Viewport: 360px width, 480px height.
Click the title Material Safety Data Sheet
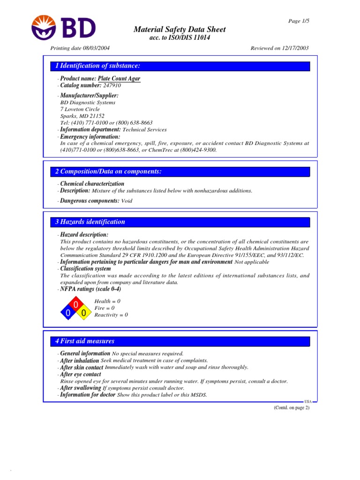click(x=180, y=30)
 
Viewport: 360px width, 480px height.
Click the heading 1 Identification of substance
click(x=97, y=66)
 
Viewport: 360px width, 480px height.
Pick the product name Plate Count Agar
click(x=119, y=79)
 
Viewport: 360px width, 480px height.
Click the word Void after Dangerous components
click(x=127, y=201)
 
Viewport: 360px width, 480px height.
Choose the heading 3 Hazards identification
click(x=90, y=222)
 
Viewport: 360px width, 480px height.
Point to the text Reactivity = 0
click(x=111, y=315)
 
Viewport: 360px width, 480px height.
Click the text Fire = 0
click(x=105, y=308)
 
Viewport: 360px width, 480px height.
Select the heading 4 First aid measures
click(x=84, y=341)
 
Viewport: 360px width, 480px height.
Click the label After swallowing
click(x=81, y=388)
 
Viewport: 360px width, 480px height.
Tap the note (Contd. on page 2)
click(x=292, y=408)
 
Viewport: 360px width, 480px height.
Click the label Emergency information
click(x=90, y=136)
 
